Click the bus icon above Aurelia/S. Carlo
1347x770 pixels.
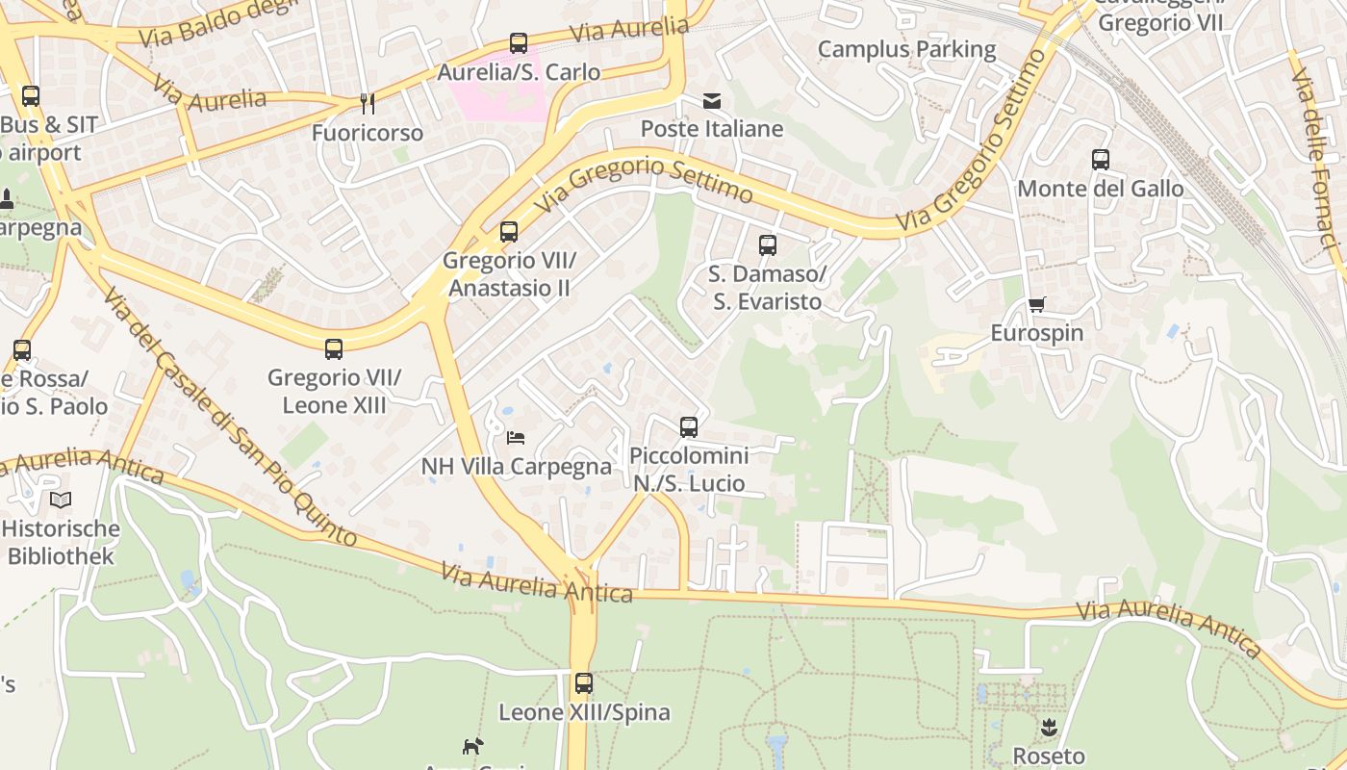tap(519, 43)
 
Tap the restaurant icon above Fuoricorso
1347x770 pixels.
tap(367, 103)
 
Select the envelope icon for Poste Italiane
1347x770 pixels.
tap(712, 101)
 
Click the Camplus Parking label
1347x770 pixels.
tap(906, 49)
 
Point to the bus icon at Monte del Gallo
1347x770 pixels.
tap(1101, 160)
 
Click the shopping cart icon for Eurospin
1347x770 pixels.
tap(1037, 305)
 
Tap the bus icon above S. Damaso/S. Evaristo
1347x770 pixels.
tap(767, 245)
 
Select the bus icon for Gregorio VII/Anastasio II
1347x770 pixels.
tap(509, 232)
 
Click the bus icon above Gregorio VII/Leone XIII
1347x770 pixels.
tap(334, 349)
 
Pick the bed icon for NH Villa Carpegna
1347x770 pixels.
tap(517, 438)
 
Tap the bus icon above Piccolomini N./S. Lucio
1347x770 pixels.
tap(688, 426)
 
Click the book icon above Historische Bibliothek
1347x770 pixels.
tap(61, 500)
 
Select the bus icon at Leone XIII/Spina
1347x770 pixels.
tap(584, 683)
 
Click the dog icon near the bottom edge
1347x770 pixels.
tap(472, 746)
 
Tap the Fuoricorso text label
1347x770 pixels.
tap(367, 133)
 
